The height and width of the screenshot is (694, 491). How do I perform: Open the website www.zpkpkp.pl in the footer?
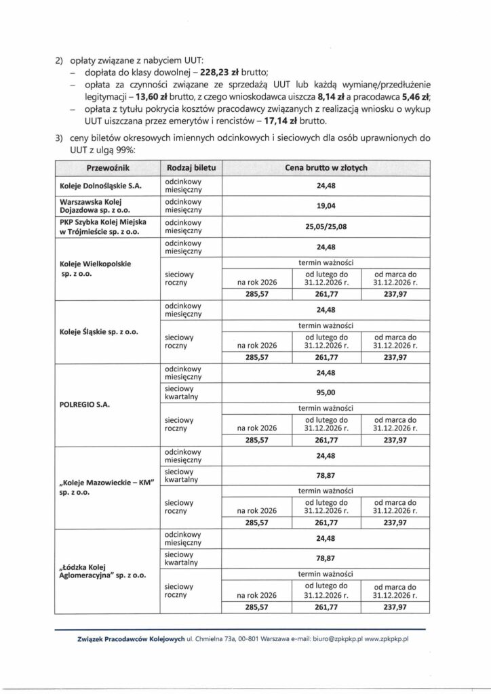click(385, 638)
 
